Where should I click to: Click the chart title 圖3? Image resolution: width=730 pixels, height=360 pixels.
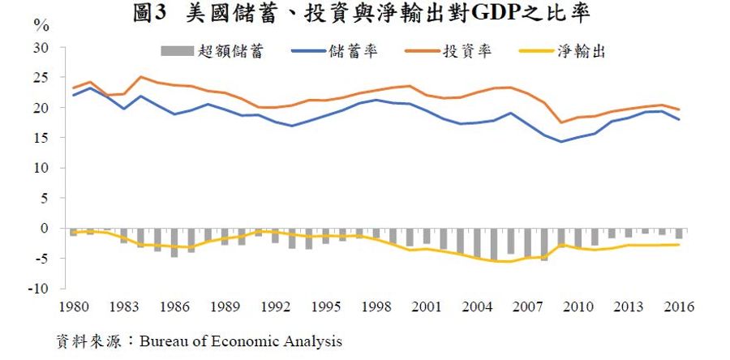point(152,14)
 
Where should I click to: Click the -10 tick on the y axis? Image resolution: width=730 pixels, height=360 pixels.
point(41,289)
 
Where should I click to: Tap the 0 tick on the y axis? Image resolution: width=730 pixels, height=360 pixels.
point(46,229)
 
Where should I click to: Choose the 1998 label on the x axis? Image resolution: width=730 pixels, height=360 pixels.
point(378,307)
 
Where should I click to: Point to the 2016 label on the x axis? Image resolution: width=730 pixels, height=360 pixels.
point(681,307)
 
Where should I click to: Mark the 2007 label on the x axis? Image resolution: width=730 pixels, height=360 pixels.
point(530,307)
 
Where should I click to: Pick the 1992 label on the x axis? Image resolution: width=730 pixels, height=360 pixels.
point(276,307)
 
